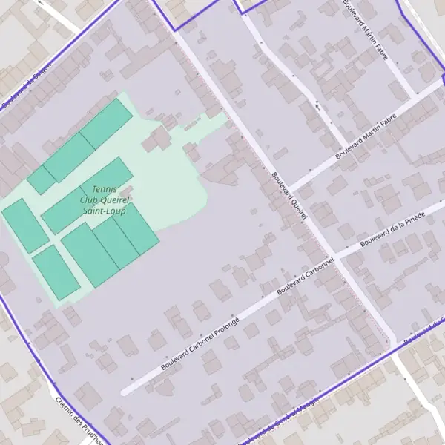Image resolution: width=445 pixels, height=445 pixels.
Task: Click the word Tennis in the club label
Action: (x=105, y=190)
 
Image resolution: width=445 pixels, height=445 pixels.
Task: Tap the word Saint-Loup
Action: (x=104, y=211)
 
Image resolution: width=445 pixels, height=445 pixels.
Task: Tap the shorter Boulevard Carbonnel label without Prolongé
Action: (x=305, y=277)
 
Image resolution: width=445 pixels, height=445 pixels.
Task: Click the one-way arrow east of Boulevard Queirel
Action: (x=318, y=106)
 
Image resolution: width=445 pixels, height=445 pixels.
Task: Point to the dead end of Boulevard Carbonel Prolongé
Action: (x=124, y=392)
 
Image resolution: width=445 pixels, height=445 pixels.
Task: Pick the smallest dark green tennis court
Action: (x=42, y=180)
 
